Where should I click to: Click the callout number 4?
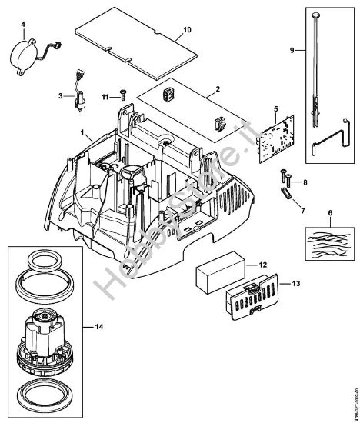click(24, 25)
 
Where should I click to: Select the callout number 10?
click(185, 31)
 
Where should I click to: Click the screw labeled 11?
click(121, 95)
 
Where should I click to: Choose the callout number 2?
click(219, 89)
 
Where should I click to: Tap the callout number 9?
click(292, 50)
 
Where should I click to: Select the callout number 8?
click(305, 182)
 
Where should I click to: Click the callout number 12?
click(262, 265)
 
